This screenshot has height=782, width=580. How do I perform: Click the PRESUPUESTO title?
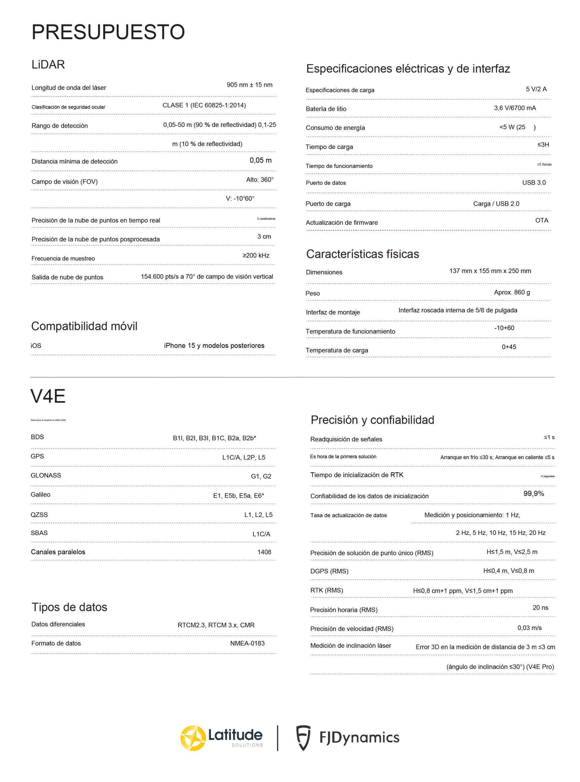click(x=108, y=32)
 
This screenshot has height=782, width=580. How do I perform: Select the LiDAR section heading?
click(x=48, y=65)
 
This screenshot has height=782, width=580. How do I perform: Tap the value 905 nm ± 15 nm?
click(x=249, y=85)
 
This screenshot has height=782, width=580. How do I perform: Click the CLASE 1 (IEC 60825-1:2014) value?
click(x=204, y=105)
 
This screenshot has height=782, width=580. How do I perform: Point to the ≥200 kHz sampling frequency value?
click(x=256, y=255)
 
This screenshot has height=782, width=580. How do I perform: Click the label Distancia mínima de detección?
click(x=74, y=161)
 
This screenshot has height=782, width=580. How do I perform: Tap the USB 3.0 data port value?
click(x=534, y=182)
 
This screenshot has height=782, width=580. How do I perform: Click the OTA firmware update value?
click(x=541, y=220)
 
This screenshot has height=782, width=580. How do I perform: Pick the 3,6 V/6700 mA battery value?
click(x=515, y=108)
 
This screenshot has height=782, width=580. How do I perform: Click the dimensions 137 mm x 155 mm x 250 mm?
click(x=490, y=271)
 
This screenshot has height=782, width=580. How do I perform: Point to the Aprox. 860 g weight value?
click(x=512, y=292)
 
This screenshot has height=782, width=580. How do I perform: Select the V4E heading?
click(x=48, y=396)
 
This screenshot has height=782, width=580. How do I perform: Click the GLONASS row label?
click(x=46, y=475)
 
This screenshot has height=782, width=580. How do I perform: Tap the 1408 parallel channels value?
click(x=264, y=552)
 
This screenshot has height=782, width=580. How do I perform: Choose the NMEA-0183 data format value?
click(x=247, y=643)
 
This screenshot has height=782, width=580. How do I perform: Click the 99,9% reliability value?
click(x=534, y=494)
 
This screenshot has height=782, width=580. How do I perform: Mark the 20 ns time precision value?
click(x=540, y=607)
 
